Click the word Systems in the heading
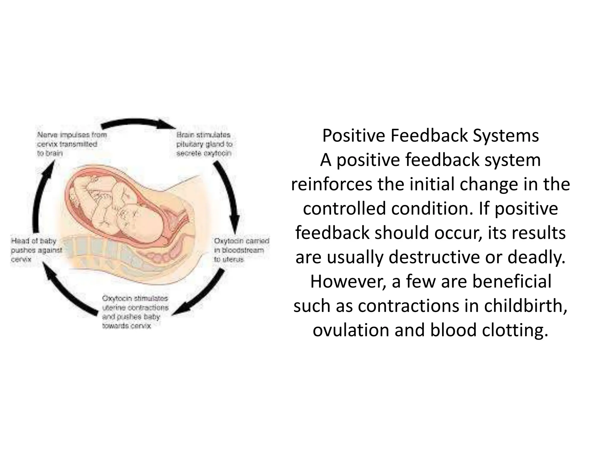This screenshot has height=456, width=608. point(506,136)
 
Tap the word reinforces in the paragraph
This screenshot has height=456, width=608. point(331,185)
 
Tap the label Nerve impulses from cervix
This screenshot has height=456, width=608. point(71,144)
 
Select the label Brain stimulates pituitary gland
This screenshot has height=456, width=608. point(204,144)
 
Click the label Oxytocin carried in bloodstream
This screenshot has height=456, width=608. point(241,250)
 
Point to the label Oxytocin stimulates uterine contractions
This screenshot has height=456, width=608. point(135,312)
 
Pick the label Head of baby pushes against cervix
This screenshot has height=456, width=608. point(36,250)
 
